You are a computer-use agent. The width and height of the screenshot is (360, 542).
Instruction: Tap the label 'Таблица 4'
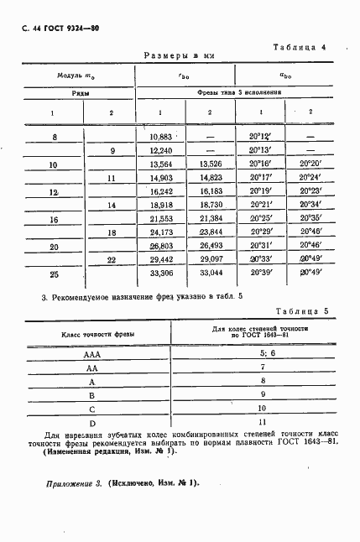point(300,47)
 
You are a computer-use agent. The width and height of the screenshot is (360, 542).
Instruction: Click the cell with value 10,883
point(159,136)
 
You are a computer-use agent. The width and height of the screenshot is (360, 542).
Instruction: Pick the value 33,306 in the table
point(159,274)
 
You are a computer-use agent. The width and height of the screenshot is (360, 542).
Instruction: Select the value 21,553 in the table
point(159,218)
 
